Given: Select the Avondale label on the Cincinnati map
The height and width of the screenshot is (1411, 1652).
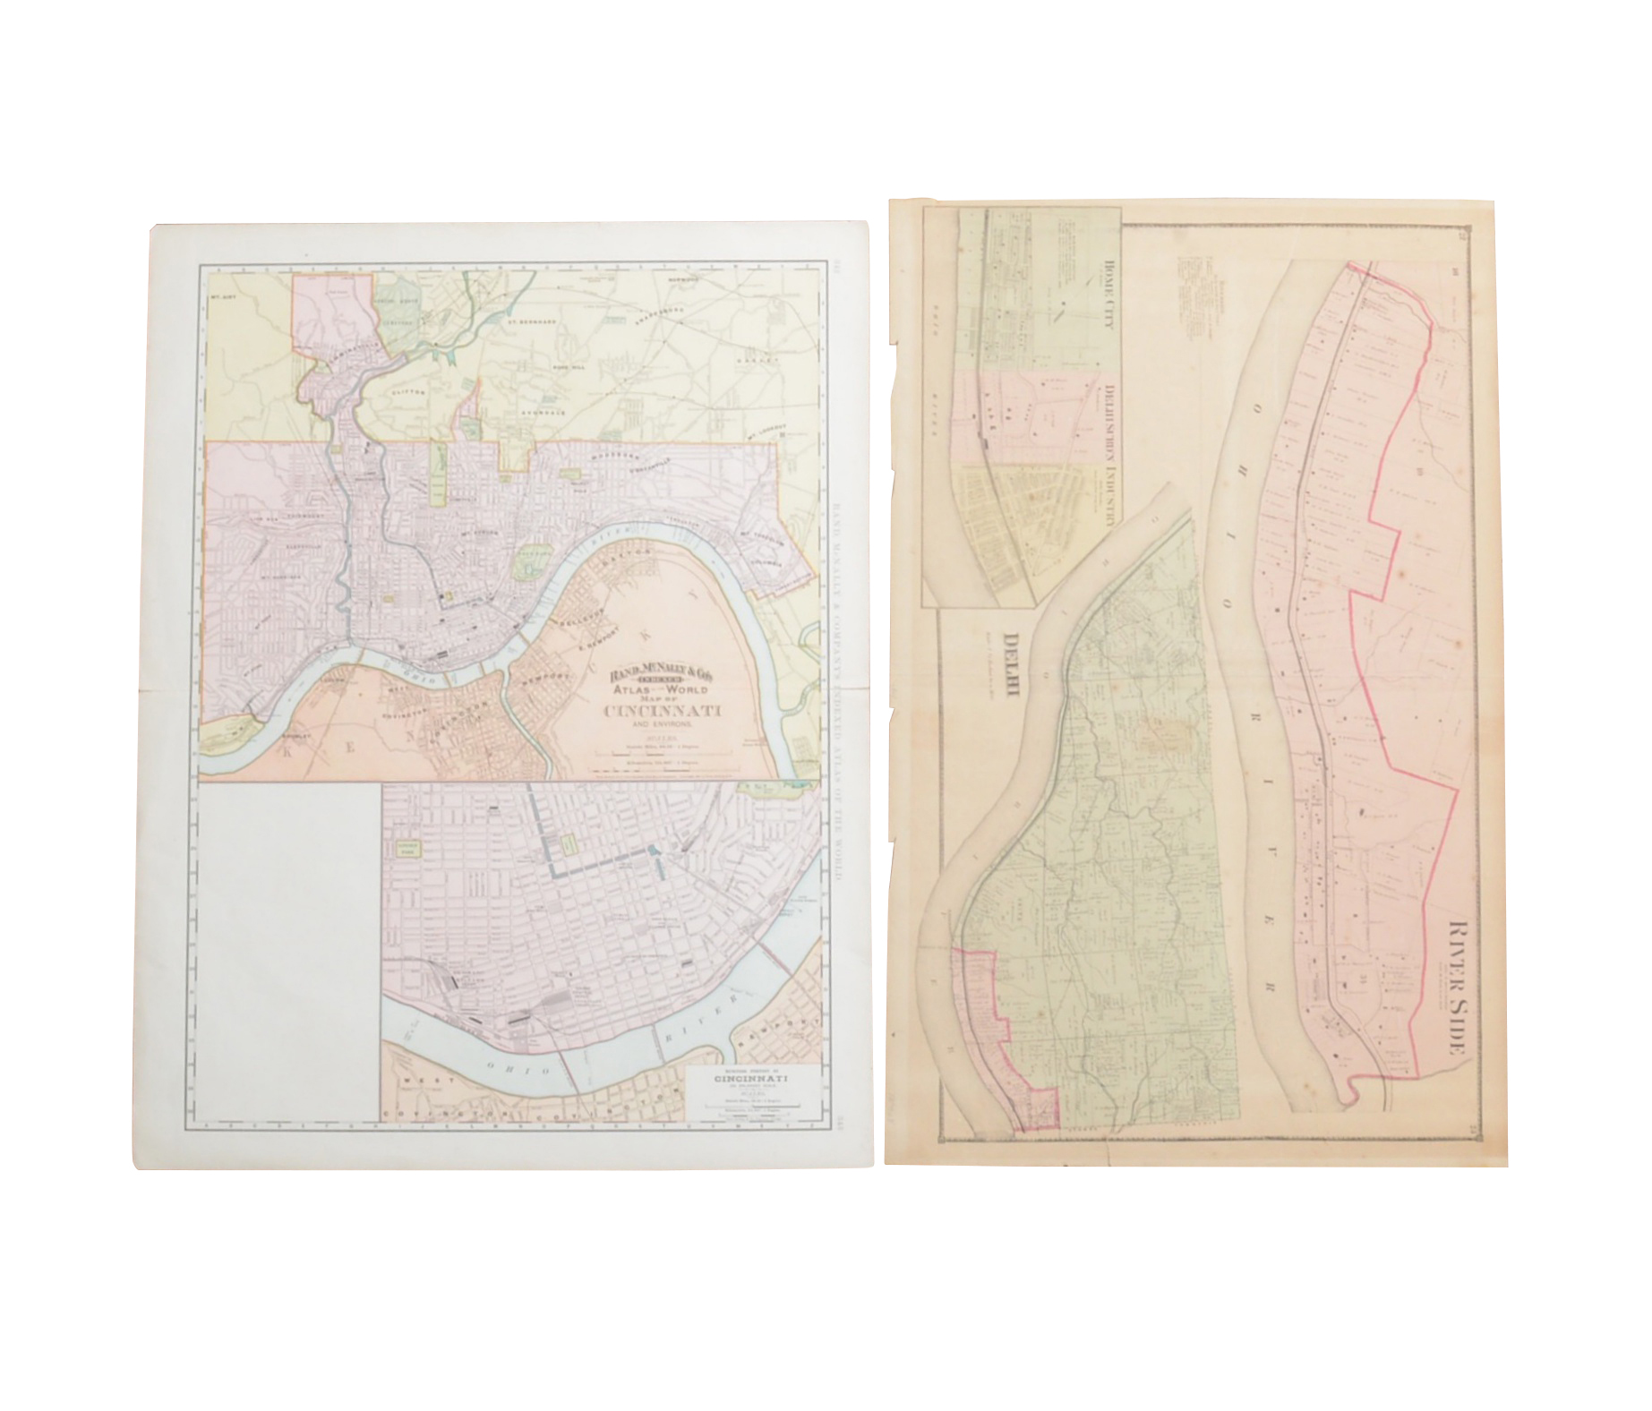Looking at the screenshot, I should [544, 414].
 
